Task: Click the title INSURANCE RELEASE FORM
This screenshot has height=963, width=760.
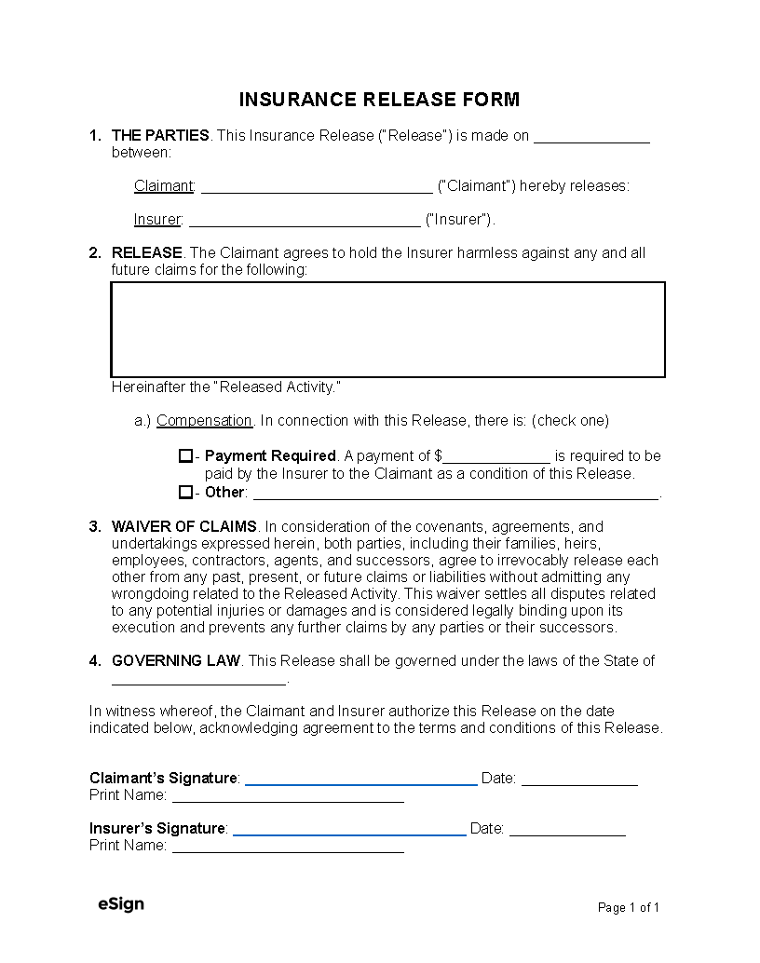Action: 379,100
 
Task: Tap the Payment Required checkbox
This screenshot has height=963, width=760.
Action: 185,456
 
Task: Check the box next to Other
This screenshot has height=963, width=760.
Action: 185,492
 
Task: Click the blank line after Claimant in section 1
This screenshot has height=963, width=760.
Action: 317,186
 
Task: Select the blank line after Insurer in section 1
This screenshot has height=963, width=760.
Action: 304,221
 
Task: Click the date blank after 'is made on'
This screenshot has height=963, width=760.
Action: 591,137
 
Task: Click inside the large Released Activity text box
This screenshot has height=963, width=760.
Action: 387,330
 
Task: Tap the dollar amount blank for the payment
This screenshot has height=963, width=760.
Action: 496,456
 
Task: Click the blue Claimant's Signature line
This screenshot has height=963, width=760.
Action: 360,779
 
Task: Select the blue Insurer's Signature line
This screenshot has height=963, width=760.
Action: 349,829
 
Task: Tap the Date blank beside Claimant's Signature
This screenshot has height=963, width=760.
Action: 579,779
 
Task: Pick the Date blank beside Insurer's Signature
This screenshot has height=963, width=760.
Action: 567,829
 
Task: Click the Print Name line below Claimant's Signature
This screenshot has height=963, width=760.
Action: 288,796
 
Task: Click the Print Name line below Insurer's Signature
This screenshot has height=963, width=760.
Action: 288,847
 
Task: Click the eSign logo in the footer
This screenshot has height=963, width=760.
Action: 121,904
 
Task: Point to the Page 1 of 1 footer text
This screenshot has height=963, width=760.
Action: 629,908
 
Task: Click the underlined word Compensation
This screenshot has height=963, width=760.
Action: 204,421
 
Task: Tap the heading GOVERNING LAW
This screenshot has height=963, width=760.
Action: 176,661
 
